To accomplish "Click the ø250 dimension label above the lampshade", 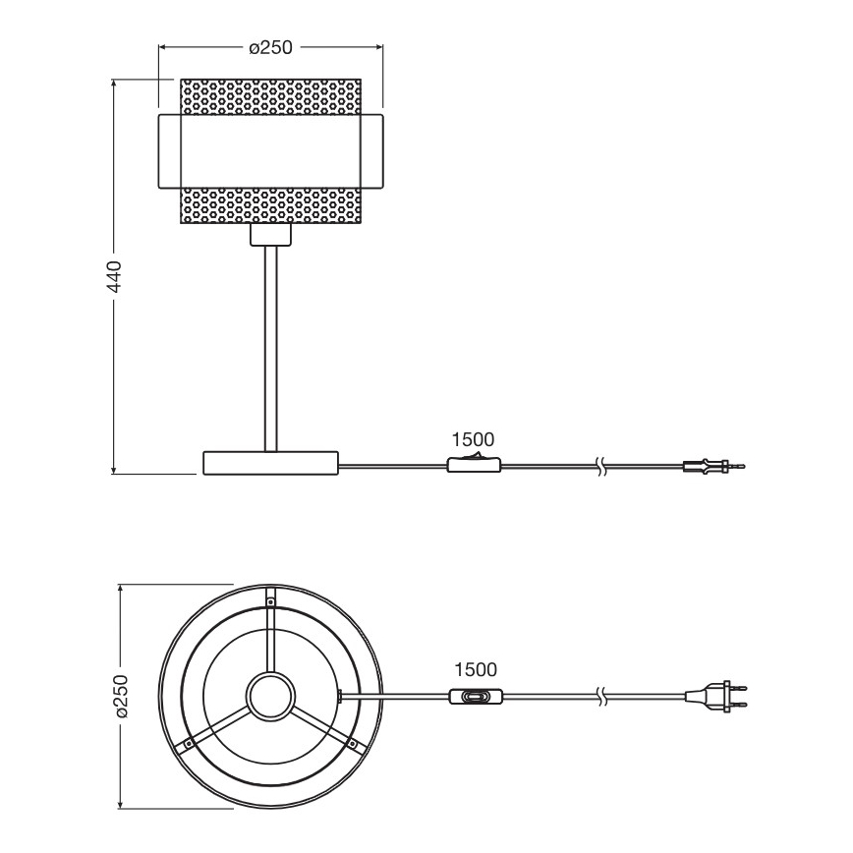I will click(271, 47).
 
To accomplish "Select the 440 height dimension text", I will click(114, 278).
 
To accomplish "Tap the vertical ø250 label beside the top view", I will click(120, 697).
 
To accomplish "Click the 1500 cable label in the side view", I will click(473, 439).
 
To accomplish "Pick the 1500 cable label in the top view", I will click(476, 670).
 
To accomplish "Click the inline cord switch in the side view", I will click(474, 465).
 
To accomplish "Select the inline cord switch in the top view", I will click(477, 697).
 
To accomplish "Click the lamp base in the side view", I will click(270, 463).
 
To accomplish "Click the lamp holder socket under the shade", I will click(270, 235).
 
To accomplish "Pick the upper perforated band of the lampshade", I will click(270, 96).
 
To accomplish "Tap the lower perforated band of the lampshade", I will click(270, 205).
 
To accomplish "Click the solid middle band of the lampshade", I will click(270, 151).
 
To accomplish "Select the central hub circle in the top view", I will click(270, 697).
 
